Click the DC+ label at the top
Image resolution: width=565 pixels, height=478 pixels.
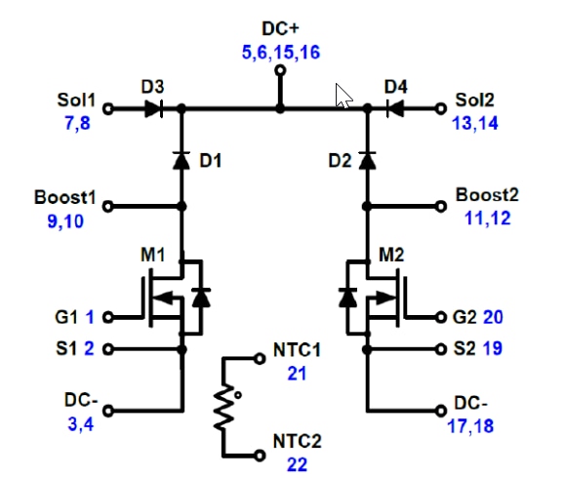tap(280, 29)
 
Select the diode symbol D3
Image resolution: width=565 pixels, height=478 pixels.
tap(153, 108)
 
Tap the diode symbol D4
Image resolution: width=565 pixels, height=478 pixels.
tap(394, 108)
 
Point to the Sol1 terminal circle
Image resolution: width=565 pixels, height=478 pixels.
tap(108, 108)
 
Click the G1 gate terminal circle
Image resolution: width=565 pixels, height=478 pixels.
tap(108, 317)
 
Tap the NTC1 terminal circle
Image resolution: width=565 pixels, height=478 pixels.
tap(260, 359)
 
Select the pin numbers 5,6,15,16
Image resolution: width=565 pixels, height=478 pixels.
tap(280, 49)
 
